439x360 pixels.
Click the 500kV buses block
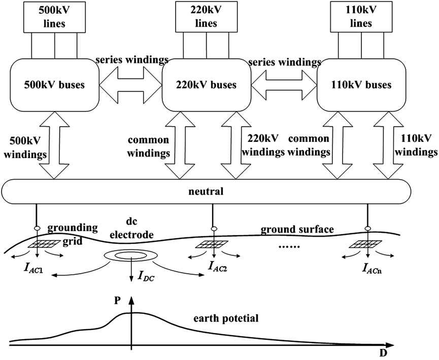coord(54,85)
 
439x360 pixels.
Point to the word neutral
coord(206,193)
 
